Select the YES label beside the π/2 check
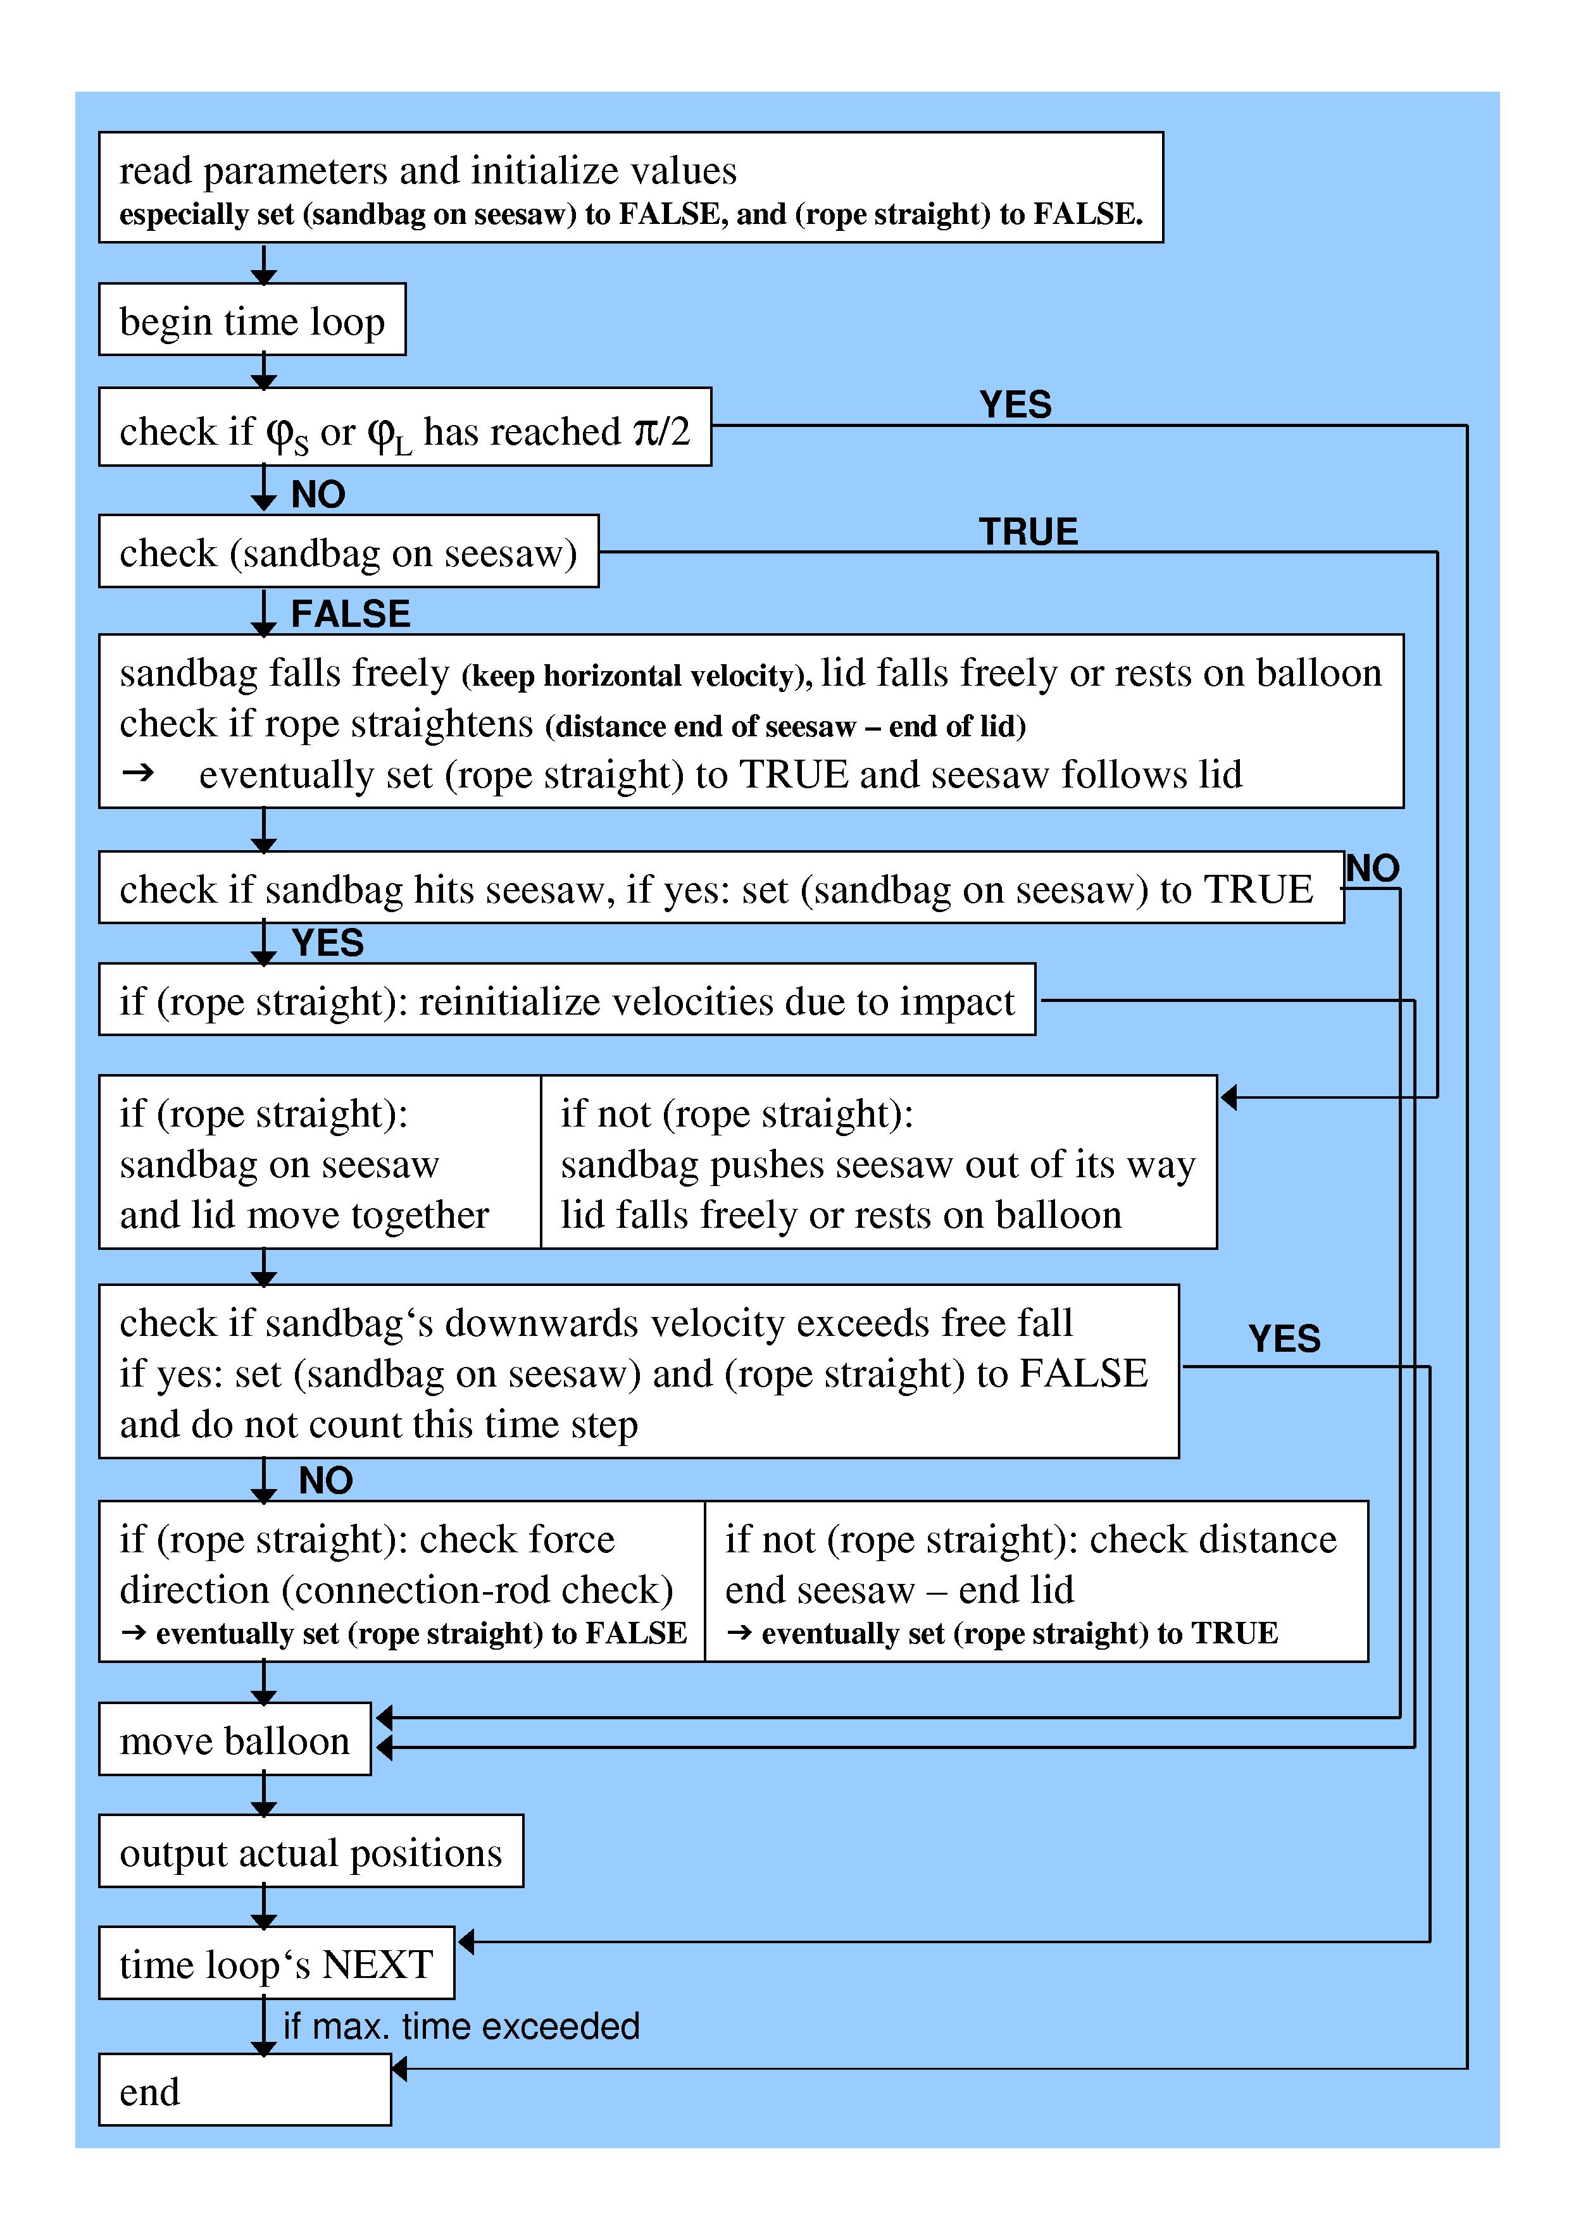point(1015,405)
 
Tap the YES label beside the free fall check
point(1284,1338)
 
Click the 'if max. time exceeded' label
point(461,2025)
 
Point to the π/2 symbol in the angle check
point(662,431)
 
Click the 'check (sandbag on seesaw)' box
point(348,552)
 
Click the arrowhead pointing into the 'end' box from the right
point(398,2069)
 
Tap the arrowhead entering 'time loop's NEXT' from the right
point(465,1942)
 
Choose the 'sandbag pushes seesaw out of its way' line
point(878,1165)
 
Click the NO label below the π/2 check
point(318,495)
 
